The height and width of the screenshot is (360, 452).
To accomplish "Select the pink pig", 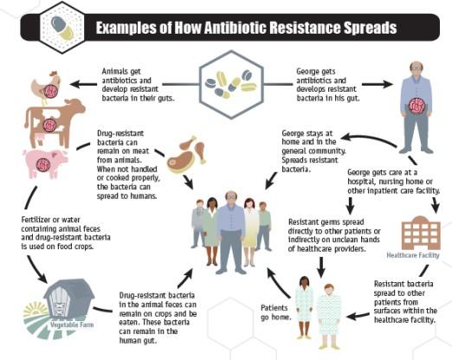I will coord(44,162).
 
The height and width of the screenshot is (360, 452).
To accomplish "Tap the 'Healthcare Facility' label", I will coord(418,255).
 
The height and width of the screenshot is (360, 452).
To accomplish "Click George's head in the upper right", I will coord(416,69).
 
